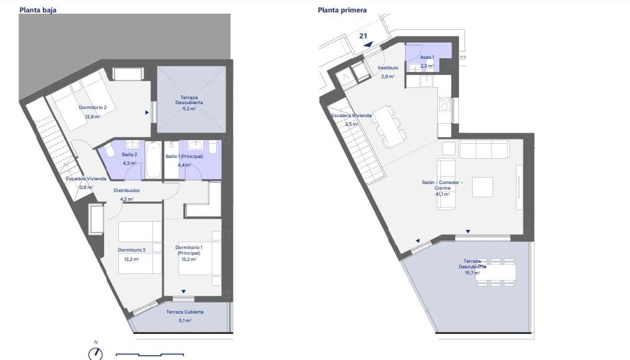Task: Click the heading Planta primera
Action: coord(342,10)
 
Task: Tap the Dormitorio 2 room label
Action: coord(92,108)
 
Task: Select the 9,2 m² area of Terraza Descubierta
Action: coord(189,109)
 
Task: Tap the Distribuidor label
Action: coord(126,190)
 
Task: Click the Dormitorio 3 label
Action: coord(131,250)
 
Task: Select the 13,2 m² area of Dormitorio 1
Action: coord(188,259)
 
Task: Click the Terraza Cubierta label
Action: coord(185,312)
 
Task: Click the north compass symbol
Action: coord(95,353)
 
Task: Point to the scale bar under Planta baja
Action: coord(149,355)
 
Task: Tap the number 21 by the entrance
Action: coord(363,36)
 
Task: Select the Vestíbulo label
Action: coord(388,69)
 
